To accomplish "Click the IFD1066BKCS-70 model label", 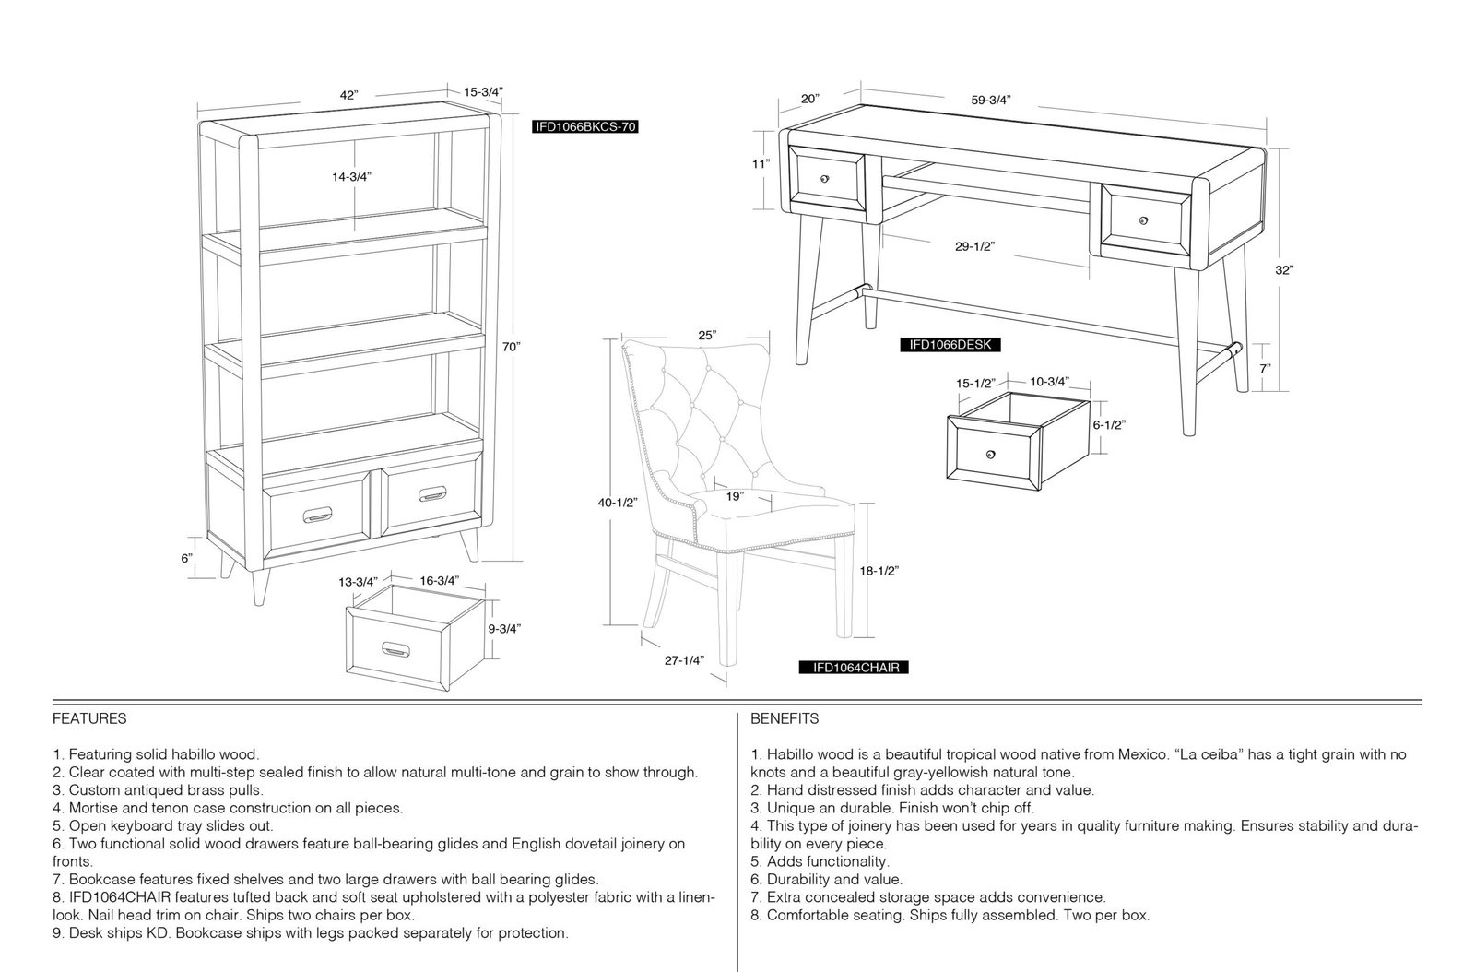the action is (x=584, y=126).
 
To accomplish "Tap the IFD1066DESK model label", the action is (x=950, y=344).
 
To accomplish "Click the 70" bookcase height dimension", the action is (x=511, y=347).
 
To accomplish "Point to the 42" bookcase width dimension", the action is (x=349, y=95).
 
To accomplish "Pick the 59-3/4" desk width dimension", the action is (x=991, y=101).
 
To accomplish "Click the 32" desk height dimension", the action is (x=1283, y=270).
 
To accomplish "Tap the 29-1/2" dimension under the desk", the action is (x=974, y=246).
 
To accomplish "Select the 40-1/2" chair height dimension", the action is (x=618, y=503).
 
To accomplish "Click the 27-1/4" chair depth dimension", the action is (x=684, y=660).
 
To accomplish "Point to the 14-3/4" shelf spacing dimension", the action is (x=351, y=176).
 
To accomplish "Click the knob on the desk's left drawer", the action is (x=824, y=179).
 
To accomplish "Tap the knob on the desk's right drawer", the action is (x=1143, y=220).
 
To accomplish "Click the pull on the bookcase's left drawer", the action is (x=317, y=515).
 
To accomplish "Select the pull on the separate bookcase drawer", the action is (x=395, y=649).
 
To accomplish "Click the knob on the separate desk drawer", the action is (x=991, y=455).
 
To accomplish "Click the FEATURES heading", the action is (x=89, y=718).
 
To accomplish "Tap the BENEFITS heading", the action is (x=785, y=718).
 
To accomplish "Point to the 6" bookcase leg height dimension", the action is (x=187, y=559).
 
